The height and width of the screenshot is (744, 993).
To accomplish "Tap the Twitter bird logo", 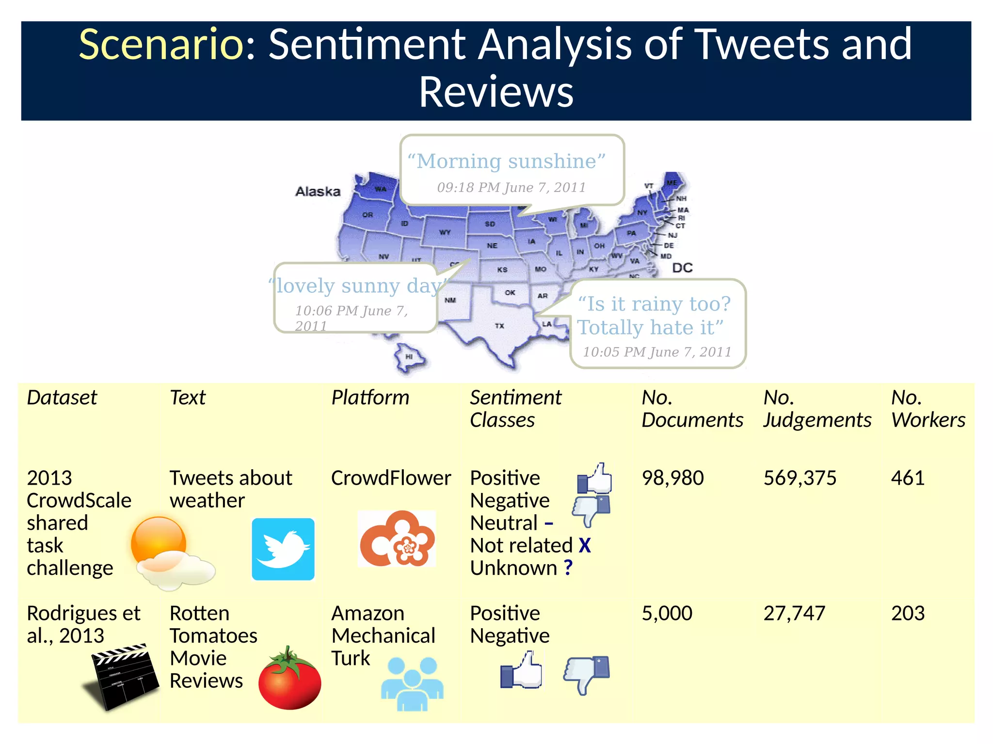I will tap(283, 549).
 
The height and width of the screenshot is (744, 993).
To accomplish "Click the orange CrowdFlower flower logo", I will tap(397, 539).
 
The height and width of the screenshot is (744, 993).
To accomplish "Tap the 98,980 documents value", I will tap(672, 478).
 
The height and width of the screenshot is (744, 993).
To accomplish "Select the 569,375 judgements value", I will tap(800, 478).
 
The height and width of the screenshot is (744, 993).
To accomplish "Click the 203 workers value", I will tap(907, 614).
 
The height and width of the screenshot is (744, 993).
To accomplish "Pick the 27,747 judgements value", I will tap(794, 614).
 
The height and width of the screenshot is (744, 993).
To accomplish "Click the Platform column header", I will tap(370, 398).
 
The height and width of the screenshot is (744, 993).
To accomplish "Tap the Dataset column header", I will tap(62, 398).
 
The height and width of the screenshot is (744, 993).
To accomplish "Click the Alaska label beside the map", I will tap(318, 191).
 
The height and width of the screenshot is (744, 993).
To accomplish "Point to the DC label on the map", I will tap(682, 268).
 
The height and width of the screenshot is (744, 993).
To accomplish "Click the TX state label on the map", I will tap(499, 326).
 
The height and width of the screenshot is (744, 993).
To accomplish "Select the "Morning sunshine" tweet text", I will tap(506, 161).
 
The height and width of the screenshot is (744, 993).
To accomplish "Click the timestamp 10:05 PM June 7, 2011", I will tap(657, 352).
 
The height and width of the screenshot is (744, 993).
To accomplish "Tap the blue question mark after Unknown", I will tap(568, 568).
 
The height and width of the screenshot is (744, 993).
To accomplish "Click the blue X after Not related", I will tap(585, 546).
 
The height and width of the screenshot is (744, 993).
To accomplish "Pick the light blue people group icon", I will tap(412, 684).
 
